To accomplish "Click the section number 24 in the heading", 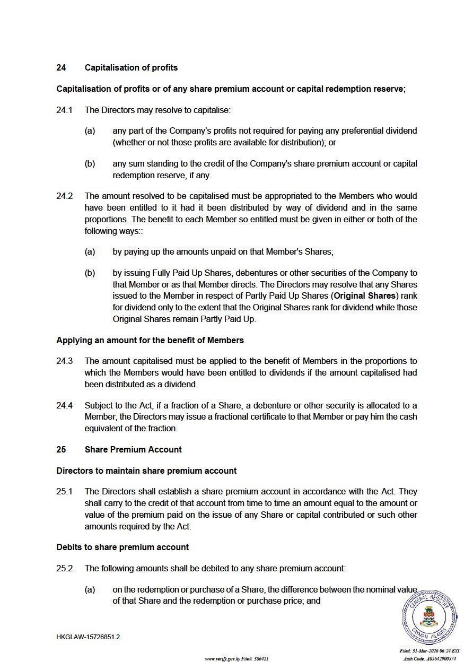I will click(61, 68).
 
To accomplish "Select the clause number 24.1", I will click(64, 110).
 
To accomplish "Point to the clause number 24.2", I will click(64, 196).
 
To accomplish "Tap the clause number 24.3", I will click(64, 361).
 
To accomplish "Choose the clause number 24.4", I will click(64, 405).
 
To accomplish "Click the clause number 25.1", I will click(64, 492).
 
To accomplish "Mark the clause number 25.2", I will click(64, 568).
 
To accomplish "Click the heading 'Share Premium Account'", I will click(133, 449).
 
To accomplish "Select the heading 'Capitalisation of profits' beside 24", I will click(131, 68).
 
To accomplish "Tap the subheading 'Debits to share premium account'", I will click(122, 547).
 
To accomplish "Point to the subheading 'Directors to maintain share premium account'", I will click(146, 471).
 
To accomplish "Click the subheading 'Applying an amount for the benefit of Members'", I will click(150, 340).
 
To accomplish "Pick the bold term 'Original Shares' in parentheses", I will click(365, 296).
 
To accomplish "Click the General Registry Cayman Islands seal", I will click(429, 617).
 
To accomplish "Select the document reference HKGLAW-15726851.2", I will click(88, 637).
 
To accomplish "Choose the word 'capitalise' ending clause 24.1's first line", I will click(212, 110).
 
